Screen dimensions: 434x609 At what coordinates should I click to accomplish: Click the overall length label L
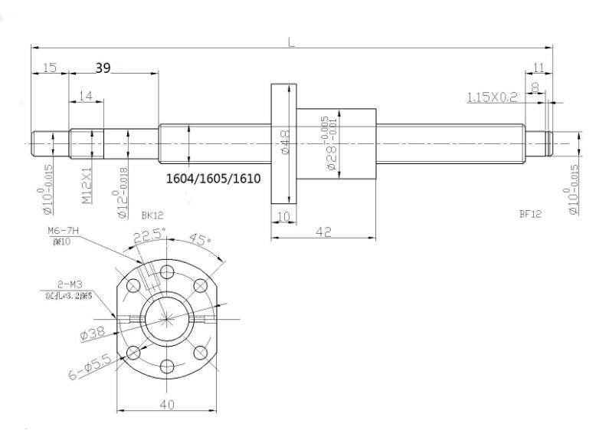point(291,42)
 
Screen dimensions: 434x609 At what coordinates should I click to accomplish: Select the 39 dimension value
point(103,68)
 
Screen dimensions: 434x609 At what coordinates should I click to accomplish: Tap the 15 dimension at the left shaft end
point(50,68)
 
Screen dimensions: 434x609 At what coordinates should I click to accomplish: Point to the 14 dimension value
point(85,96)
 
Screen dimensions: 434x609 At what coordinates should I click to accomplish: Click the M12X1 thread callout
point(87,185)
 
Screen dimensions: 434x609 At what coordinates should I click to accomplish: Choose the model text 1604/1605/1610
point(214,179)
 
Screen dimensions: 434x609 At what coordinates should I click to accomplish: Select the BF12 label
point(530,215)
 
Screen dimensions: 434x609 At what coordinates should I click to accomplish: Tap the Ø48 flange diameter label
point(284,143)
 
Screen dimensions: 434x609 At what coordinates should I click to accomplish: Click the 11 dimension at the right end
point(539,68)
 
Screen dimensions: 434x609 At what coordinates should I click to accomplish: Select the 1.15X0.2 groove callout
point(492,97)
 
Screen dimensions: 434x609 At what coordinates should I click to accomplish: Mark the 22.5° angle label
point(148,236)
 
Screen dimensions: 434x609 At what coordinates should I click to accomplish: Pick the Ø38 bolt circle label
point(93,333)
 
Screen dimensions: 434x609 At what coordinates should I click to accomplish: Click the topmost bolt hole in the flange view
point(166,270)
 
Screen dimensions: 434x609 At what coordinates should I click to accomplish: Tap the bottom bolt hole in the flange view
point(166,367)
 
